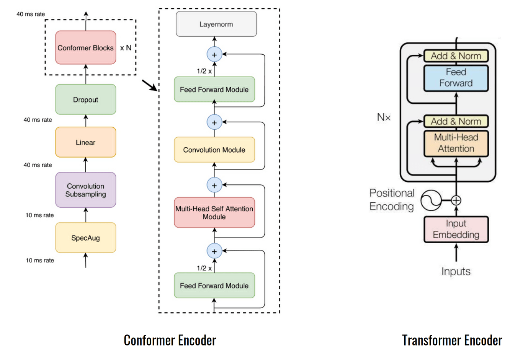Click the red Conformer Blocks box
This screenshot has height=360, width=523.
pos(85,47)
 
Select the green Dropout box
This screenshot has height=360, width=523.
pos(85,99)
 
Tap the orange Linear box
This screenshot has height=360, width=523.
pos(85,142)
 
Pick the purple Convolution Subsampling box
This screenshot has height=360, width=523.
pos(85,190)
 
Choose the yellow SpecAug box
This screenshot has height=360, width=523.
pos(85,238)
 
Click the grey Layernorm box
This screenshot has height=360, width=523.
pos(216,24)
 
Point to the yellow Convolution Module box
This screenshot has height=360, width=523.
pos(214,150)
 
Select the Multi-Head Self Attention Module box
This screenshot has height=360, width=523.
pos(214,212)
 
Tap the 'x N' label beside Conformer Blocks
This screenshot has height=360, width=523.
pos(126,48)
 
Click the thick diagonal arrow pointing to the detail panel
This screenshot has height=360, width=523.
pos(150,85)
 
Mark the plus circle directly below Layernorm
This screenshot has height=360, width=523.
pos(214,55)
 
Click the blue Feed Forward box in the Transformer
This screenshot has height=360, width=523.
pos(456,78)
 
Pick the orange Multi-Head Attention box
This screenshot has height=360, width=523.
pos(456,143)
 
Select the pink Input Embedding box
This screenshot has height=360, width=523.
pos(456,229)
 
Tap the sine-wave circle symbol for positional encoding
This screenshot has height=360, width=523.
pos(431,200)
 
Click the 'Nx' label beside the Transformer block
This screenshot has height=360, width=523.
pos(384,117)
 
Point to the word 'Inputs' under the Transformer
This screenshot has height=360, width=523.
pos(456,271)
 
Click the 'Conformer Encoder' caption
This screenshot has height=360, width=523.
pos(170,340)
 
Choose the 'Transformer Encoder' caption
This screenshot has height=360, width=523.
pos(452,340)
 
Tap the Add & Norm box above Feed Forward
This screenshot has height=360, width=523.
pos(456,56)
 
